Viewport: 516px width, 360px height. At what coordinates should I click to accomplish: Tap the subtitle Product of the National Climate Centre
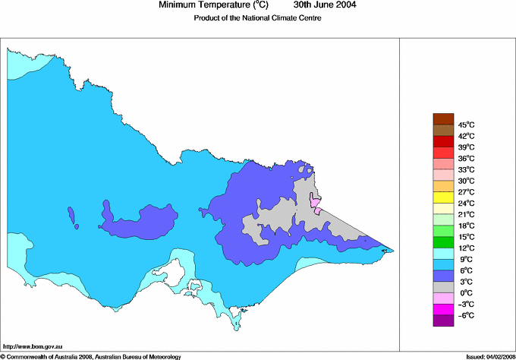tap(258, 18)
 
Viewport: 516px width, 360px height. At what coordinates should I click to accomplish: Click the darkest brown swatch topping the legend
tap(443, 118)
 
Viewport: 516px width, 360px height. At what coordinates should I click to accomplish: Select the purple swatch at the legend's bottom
tap(443, 321)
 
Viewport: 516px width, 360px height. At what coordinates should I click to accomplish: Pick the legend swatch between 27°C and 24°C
tap(443, 197)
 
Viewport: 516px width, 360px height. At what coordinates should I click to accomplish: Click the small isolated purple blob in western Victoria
tap(73, 216)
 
